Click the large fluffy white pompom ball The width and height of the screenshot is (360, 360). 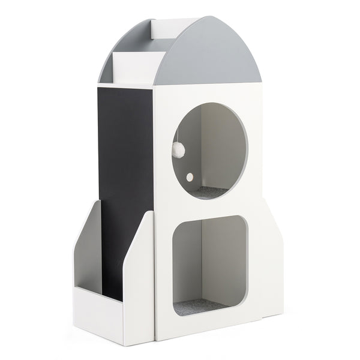178,151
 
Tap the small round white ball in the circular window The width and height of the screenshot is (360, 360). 189,177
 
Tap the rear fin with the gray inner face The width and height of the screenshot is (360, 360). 88,246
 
